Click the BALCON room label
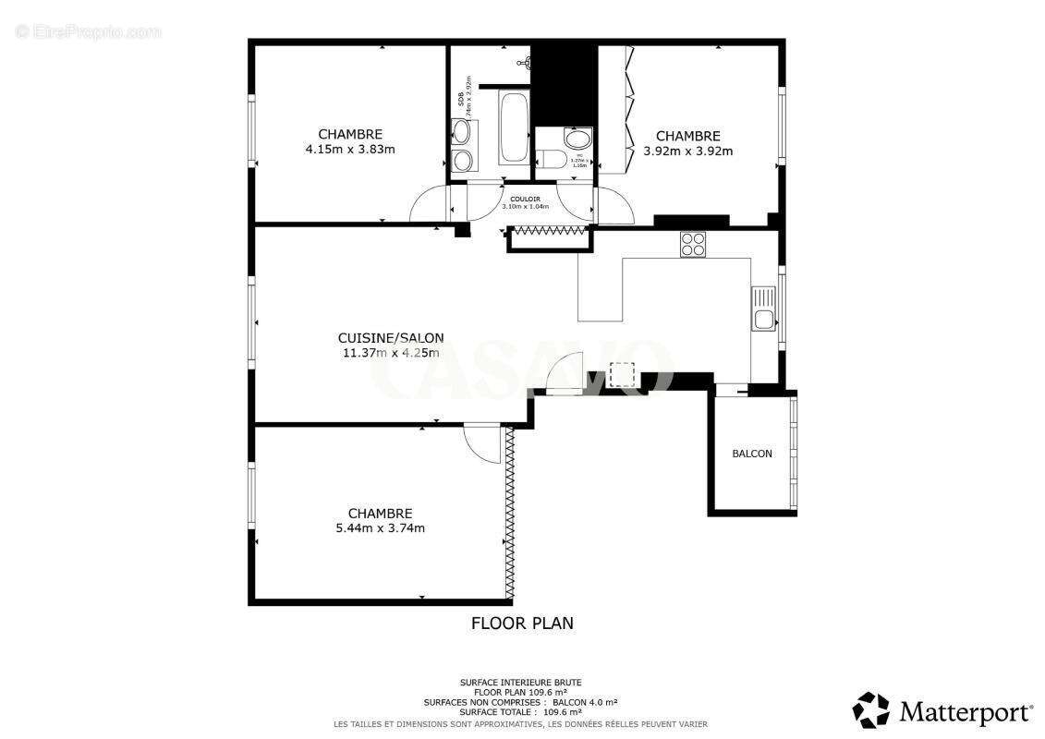pos(752,454)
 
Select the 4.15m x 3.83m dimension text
pos(350,149)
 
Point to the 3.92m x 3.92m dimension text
pos(688,151)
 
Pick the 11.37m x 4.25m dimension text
pos(391,352)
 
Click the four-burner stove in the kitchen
pos(693,244)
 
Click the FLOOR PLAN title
pos(522,624)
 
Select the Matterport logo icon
pos(870,710)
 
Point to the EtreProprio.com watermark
pos(88,31)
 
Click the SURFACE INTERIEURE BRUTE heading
pos(522,683)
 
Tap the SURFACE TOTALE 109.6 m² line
pos(522,712)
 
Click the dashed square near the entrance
pos(622,374)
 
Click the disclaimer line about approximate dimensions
pos(522,723)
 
